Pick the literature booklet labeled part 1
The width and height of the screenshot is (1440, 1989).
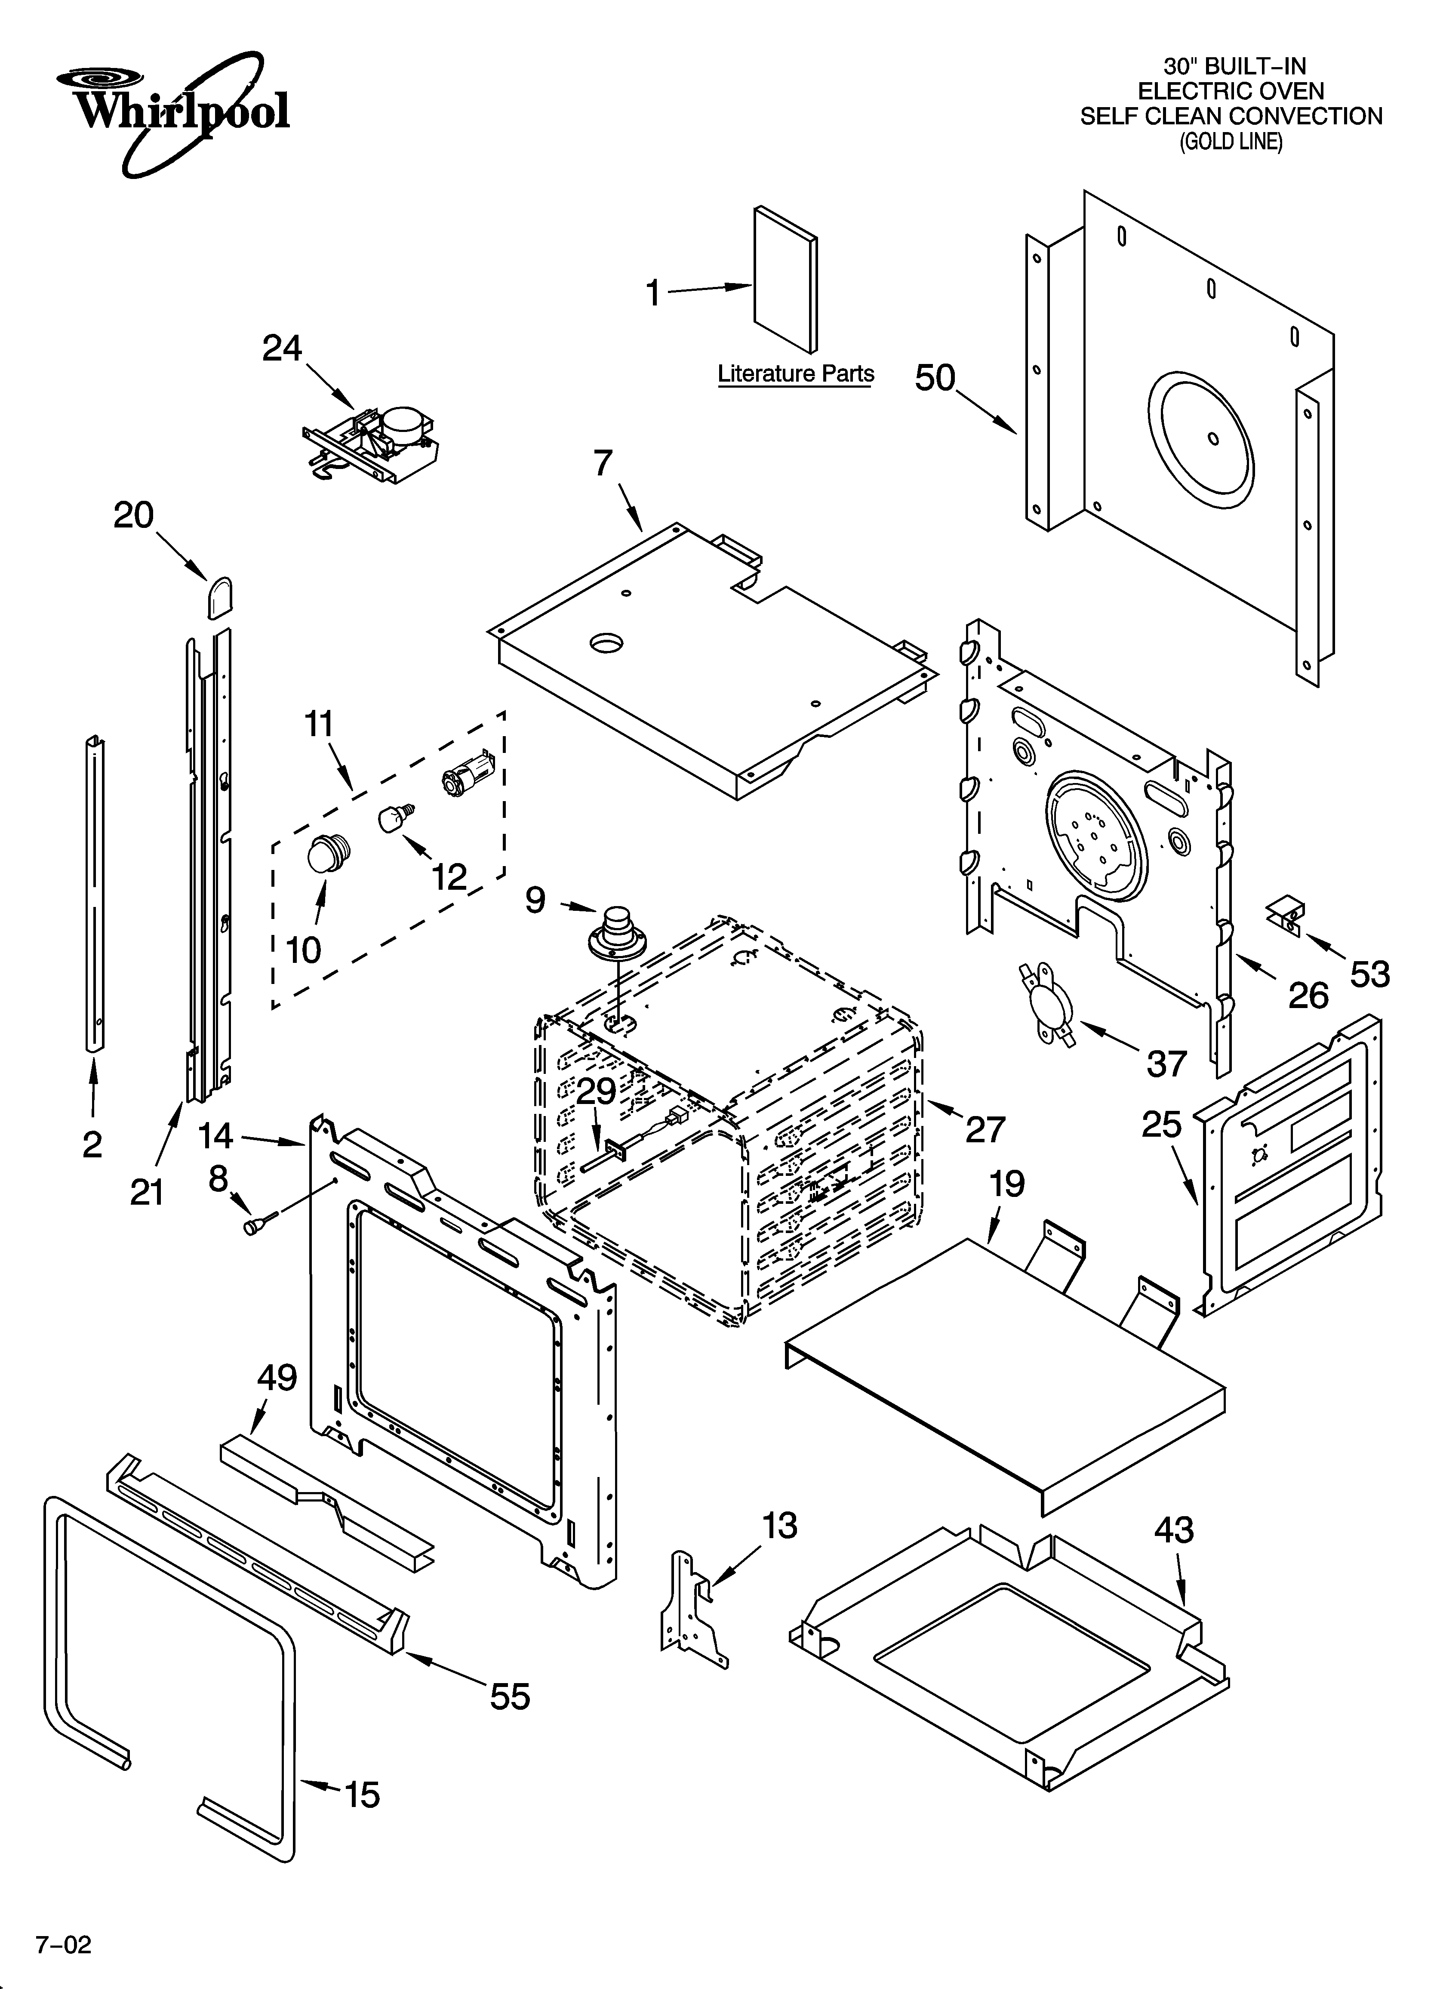pos(786,279)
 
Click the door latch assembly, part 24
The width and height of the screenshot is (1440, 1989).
pos(373,443)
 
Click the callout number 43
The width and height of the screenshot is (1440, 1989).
pos(1173,1530)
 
